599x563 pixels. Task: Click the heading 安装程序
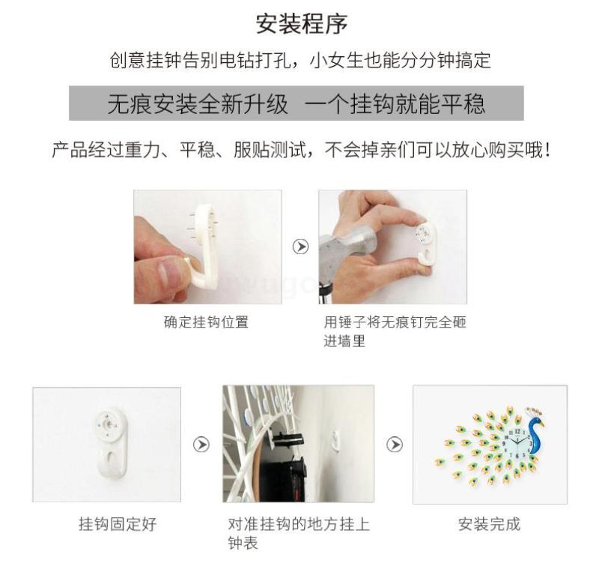click(302, 24)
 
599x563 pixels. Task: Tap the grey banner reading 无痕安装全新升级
click(296, 103)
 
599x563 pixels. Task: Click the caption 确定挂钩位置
click(207, 322)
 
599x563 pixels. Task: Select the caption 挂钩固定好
click(118, 524)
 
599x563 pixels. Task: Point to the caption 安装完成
click(490, 524)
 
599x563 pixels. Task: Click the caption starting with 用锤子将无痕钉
click(395, 331)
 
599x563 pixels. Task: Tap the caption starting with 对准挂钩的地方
click(299, 533)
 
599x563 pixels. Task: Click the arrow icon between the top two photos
click(301, 247)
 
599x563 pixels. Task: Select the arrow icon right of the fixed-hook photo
click(201, 445)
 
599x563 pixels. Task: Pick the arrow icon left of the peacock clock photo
click(395, 445)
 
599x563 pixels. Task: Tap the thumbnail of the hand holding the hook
click(208, 247)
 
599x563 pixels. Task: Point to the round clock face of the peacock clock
click(516, 443)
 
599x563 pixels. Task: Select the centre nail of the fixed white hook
click(109, 425)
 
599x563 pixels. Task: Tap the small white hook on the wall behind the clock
click(335, 439)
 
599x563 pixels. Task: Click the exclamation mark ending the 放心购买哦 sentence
click(548, 150)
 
